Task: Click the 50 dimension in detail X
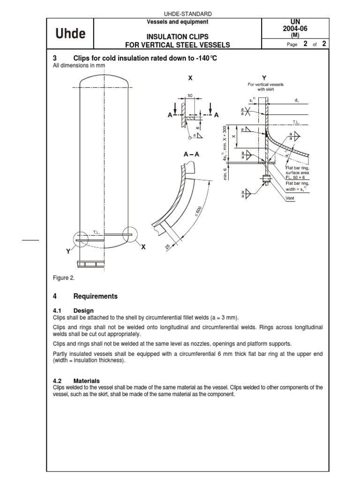coord(190,95)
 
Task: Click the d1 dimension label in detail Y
coord(297,100)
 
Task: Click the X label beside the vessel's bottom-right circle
coord(144,247)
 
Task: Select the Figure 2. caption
coord(64,278)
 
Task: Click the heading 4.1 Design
coord(74,310)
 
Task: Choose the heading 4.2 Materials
coord(76,381)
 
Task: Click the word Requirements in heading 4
coord(96,296)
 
